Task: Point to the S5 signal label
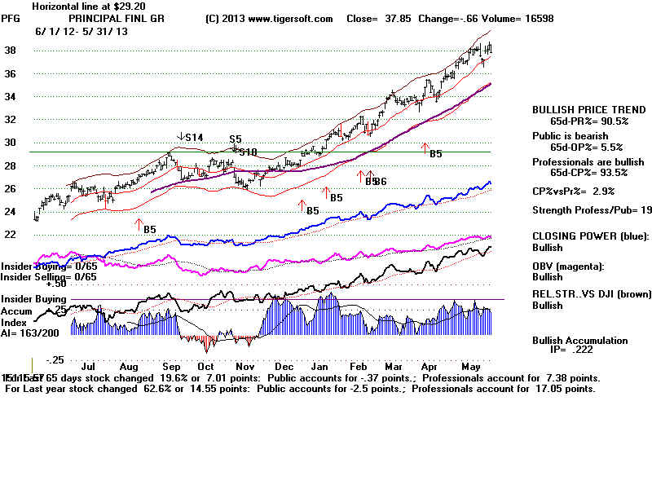pyautogui.click(x=235, y=139)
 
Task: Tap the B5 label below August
pyautogui.click(x=150, y=230)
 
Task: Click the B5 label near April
pyautogui.click(x=436, y=153)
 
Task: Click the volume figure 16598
pyautogui.click(x=530, y=19)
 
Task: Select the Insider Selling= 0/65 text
pyautogui.click(x=48, y=277)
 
